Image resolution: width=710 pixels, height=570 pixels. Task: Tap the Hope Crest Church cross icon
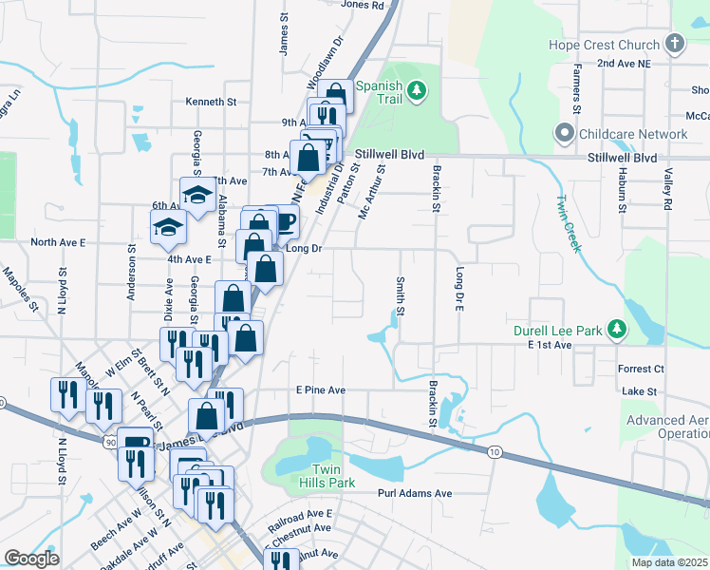pos(675,44)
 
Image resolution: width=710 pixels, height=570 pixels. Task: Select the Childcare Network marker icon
pos(569,134)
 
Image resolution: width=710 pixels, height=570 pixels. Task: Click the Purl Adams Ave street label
pos(415,493)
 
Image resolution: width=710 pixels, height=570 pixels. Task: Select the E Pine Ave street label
pos(320,389)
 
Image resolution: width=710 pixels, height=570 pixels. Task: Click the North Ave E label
pos(58,242)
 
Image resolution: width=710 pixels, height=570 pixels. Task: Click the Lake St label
pos(647,391)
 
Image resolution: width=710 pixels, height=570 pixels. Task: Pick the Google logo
pos(31,559)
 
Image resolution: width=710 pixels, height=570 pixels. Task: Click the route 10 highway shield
pos(495,452)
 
